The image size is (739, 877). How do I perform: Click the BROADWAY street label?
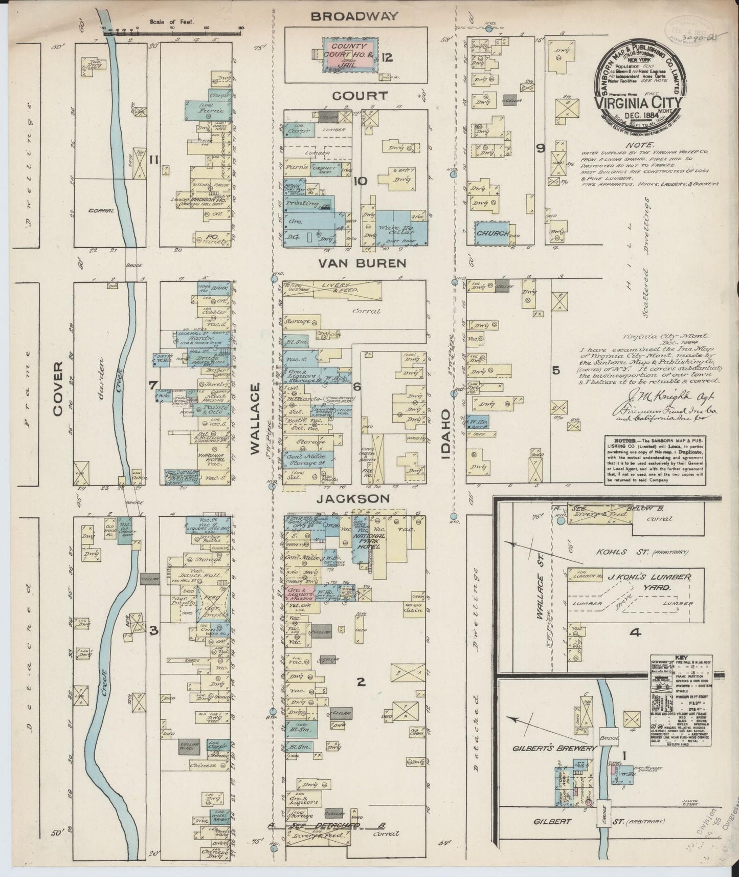pyautogui.click(x=354, y=16)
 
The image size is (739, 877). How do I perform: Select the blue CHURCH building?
pyautogui.click(x=492, y=232)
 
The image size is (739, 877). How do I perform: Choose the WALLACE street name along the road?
pyautogui.click(x=256, y=419)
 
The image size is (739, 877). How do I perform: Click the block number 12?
pyautogui.click(x=386, y=57)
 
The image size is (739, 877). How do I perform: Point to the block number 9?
pyautogui.click(x=540, y=148)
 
